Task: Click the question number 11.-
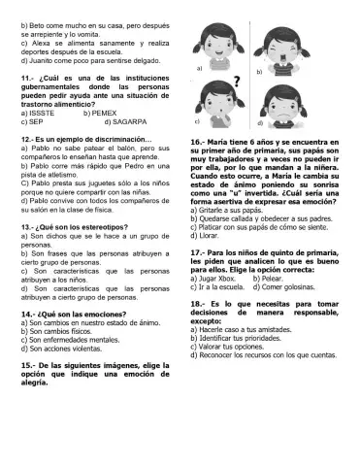(30, 77)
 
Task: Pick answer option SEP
(34, 122)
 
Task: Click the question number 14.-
(30, 316)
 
